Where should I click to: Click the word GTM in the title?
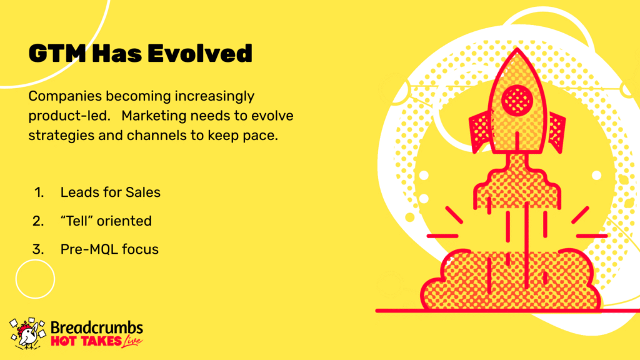(57, 54)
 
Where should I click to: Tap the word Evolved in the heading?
(200, 54)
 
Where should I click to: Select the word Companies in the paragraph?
(65, 97)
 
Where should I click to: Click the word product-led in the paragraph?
(69, 116)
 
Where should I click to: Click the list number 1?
(39, 192)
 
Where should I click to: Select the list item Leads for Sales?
(110, 192)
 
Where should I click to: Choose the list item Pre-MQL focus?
(109, 249)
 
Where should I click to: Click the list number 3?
(38, 249)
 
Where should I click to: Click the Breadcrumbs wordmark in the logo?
(97, 327)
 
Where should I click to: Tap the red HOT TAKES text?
(86, 341)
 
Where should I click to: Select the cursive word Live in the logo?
(132, 341)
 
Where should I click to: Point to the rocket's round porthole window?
(517, 100)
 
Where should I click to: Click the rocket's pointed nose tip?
(517, 48)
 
